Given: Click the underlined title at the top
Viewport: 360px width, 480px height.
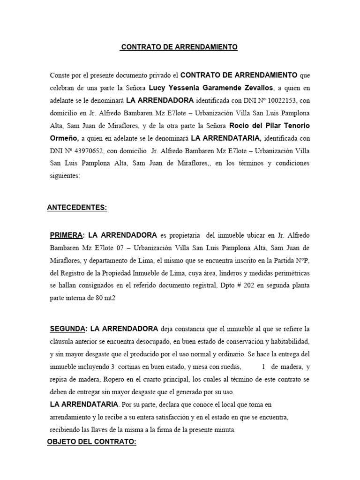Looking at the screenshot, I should pyautogui.click(x=179, y=47).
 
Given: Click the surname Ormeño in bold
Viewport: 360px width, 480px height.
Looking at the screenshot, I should pyautogui.click(x=65, y=139).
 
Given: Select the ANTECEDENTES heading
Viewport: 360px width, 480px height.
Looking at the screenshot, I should pyautogui.click(x=77, y=208).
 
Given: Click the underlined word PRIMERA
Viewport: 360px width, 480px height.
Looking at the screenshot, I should pyautogui.click(x=67, y=234).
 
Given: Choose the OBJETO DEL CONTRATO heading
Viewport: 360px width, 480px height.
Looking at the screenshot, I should pyautogui.click(x=92, y=442).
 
